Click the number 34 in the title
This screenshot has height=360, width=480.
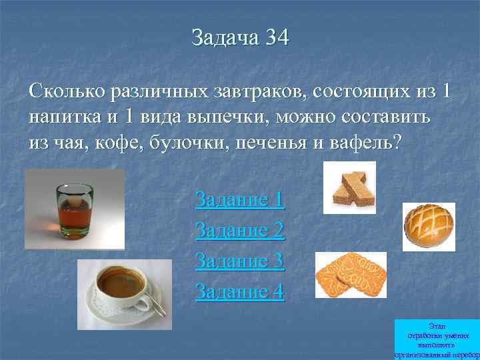(x=276, y=37)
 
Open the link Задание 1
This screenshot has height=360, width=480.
(x=239, y=199)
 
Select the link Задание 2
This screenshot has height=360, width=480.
(x=239, y=230)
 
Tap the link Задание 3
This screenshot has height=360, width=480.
(x=239, y=261)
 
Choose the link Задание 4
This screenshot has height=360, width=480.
(x=239, y=291)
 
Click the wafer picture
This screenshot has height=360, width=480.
(x=349, y=187)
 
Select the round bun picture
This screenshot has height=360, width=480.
(x=429, y=226)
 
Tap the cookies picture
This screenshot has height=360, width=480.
(x=350, y=275)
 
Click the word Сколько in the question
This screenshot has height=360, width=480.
(x=64, y=91)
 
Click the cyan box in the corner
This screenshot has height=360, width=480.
(x=437, y=339)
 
